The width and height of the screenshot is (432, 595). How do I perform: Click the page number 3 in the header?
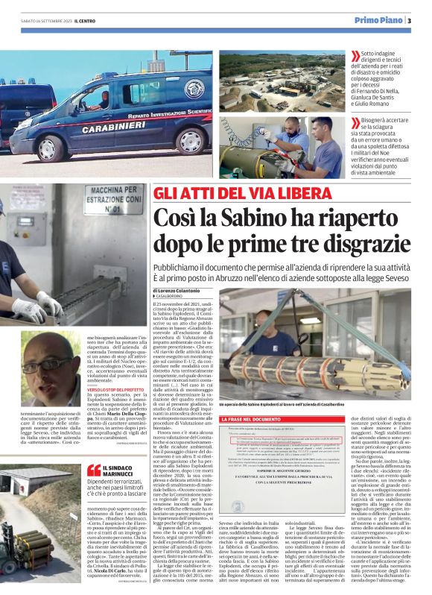[409, 20]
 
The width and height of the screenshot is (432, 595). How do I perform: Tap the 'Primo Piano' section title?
[378, 20]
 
